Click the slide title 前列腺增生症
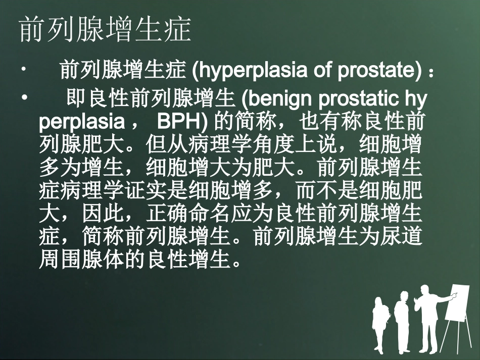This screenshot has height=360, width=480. coord(105,31)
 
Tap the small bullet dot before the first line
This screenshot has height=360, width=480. coord(24,71)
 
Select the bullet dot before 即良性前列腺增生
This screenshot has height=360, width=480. coord(24,96)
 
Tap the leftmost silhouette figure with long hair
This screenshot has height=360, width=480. coord(379,323)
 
